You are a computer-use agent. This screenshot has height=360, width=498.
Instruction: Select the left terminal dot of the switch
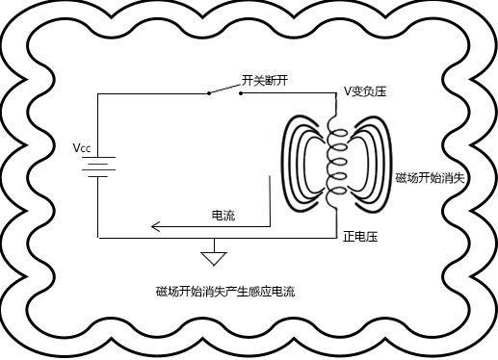coord(209,94)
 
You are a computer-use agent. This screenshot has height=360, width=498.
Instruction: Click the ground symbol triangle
coord(212,258)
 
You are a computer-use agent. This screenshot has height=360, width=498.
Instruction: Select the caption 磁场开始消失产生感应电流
coord(224,291)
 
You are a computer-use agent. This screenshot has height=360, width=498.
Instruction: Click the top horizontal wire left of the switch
coord(154,94)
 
